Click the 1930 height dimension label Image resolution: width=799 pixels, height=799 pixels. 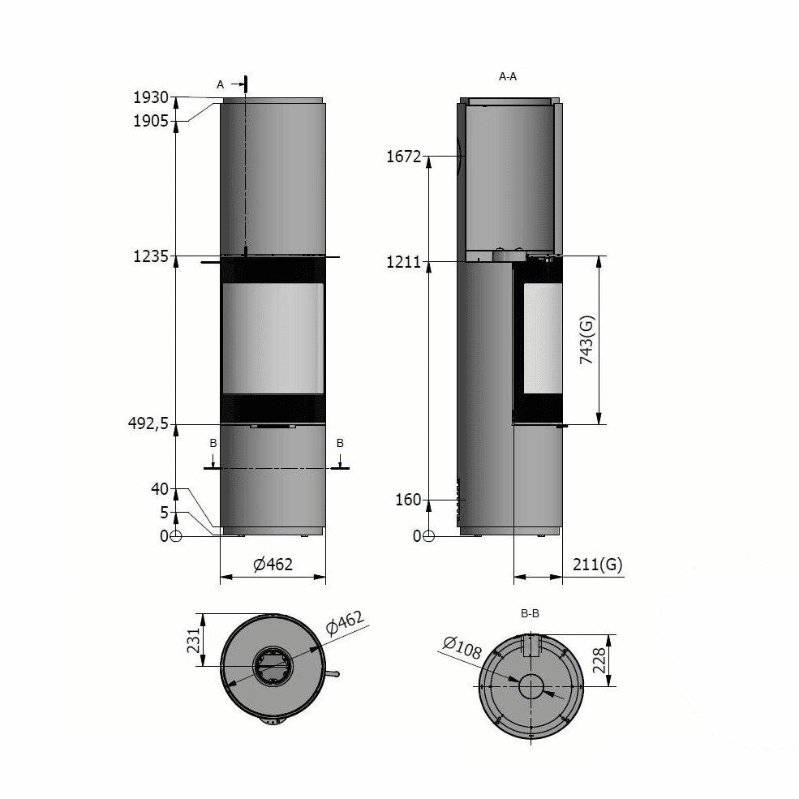[150, 97]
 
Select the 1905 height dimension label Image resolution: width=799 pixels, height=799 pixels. [150, 121]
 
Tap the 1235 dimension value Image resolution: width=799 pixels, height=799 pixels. [150, 256]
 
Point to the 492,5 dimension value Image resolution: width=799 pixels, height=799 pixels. [148, 423]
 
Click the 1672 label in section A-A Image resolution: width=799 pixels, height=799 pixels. [404, 157]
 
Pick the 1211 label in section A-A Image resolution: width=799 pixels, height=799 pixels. [404, 262]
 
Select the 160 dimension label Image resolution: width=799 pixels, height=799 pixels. [408, 500]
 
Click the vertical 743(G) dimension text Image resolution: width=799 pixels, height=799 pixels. [587, 339]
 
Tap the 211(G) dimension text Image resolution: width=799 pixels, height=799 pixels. [597, 565]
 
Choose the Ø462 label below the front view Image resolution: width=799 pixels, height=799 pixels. [273, 564]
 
